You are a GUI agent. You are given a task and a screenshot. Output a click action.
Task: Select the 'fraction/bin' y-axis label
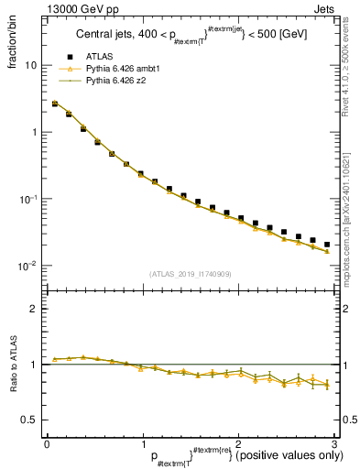pos(21,40)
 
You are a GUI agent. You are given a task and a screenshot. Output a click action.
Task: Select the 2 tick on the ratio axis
pos(34,309)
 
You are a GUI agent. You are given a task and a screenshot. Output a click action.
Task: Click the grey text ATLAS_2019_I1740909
pos(189,274)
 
